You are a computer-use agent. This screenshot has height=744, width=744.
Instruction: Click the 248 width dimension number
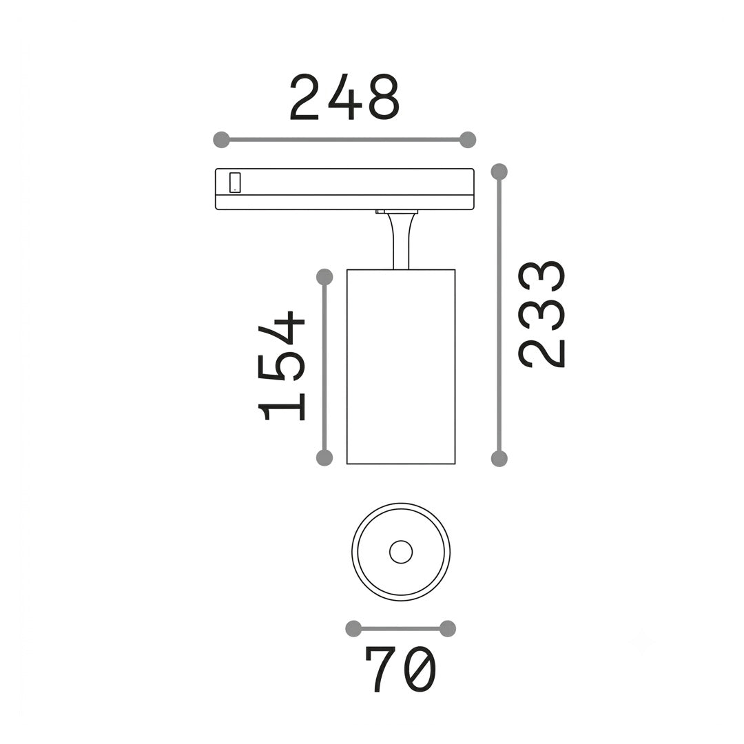[x=344, y=97]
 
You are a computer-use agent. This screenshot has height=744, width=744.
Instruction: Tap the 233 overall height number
[x=542, y=314]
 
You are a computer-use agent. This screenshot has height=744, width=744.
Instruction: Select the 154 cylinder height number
[x=280, y=366]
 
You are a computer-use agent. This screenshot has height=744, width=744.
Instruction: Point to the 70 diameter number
[x=400, y=670]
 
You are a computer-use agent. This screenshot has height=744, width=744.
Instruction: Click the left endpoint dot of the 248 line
[x=222, y=139]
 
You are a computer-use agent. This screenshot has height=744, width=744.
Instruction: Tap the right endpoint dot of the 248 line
[x=468, y=139]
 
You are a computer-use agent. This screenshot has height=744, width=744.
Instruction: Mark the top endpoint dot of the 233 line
[x=499, y=172]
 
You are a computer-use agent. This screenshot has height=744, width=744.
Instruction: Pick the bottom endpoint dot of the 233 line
[x=499, y=459]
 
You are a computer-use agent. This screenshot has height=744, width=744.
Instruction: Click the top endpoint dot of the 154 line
[x=324, y=277]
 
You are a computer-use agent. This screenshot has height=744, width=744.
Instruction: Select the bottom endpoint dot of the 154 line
[x=324, y=458]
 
